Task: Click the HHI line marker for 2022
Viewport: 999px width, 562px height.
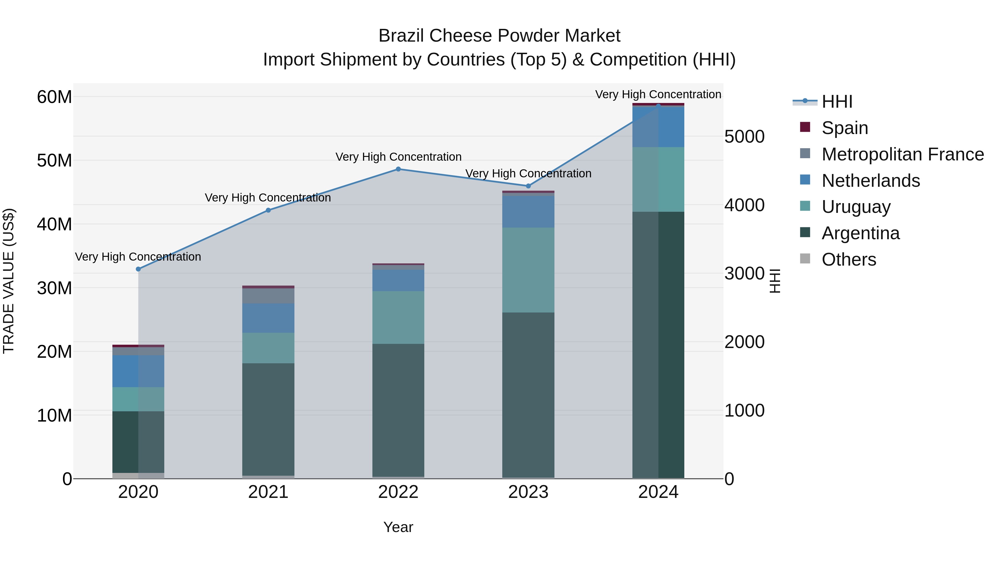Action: (398, 169)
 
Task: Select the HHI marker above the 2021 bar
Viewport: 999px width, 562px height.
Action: (268, 210)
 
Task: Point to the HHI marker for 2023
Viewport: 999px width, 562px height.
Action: (528, 186)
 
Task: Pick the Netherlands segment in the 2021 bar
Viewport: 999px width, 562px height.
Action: (268, 318)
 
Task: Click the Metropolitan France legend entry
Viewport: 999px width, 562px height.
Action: (902, 154)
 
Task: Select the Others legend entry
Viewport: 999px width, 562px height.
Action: (849, 259)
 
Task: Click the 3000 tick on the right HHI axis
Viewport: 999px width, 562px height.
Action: (744, 273)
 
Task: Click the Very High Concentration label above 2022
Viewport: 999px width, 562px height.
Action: (398, 157)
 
